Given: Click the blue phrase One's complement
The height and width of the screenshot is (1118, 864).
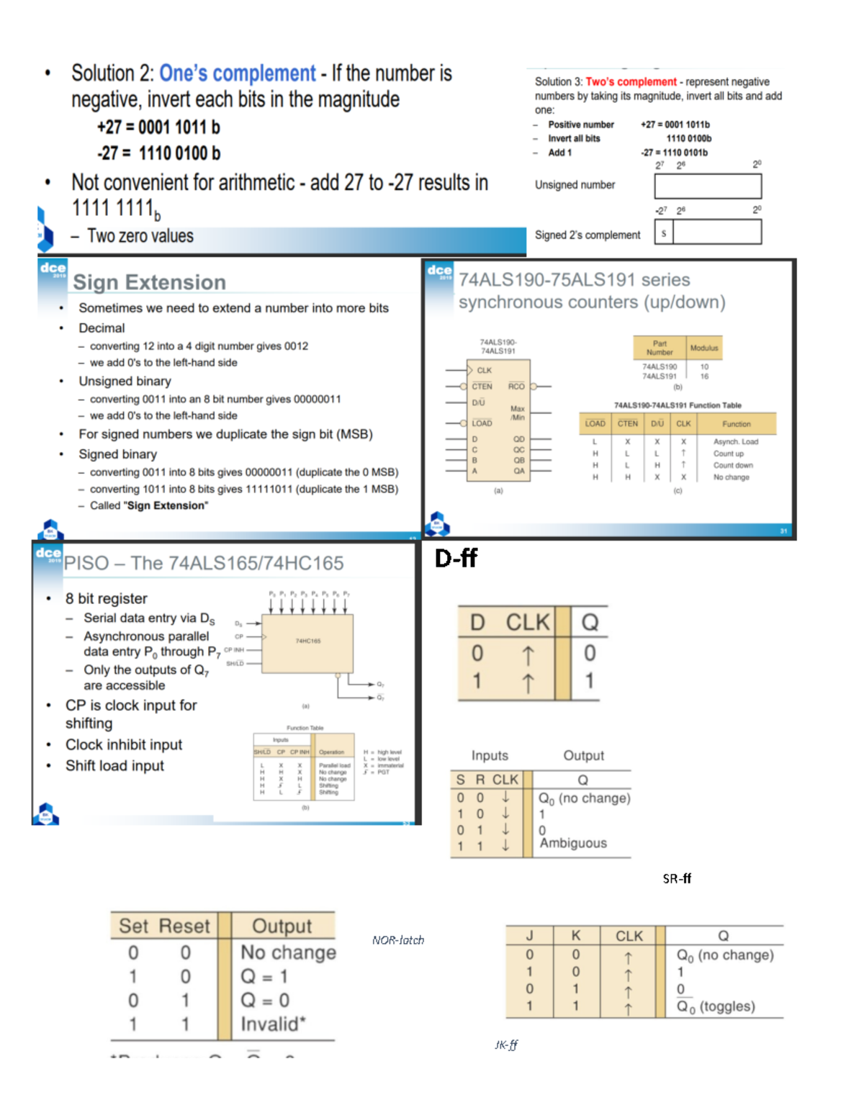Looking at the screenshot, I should pos(237,73).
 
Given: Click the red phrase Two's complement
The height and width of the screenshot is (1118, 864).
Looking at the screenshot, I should pos(631,82).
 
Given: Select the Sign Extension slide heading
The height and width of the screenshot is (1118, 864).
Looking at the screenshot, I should pos(149,282).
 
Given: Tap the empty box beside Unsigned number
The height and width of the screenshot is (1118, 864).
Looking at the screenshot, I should pos(707,186).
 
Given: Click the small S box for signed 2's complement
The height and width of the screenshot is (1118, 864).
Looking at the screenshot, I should pos(663,233).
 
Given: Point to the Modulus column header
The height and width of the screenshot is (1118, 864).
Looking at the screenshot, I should pos(703,348).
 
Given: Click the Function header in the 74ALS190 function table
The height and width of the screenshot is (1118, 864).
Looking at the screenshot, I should pos(736,424).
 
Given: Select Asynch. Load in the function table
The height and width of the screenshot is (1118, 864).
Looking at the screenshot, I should pos(735,441).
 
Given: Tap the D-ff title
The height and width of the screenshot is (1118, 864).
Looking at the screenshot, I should pos(456,558).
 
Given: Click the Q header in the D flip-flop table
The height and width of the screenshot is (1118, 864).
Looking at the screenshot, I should pos(589,622).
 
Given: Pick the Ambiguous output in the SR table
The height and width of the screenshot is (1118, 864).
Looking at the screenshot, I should pos(573,843).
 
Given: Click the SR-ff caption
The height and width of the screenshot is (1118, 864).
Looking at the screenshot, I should pos(676,878).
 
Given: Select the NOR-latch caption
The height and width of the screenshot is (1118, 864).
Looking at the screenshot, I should pos(397,940).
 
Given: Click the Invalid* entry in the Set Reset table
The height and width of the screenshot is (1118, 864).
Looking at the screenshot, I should pos(273,1024).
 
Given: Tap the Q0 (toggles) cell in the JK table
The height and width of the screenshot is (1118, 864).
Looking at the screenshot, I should pos(715,1006).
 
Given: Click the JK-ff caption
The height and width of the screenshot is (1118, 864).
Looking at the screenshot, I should pos(505,1045).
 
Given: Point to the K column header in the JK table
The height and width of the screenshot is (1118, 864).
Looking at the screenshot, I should pos(575,935).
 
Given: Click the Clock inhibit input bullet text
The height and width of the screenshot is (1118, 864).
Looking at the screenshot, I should pos(124,744).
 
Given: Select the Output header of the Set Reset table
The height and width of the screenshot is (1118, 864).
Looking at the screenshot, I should pos(282,926).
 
